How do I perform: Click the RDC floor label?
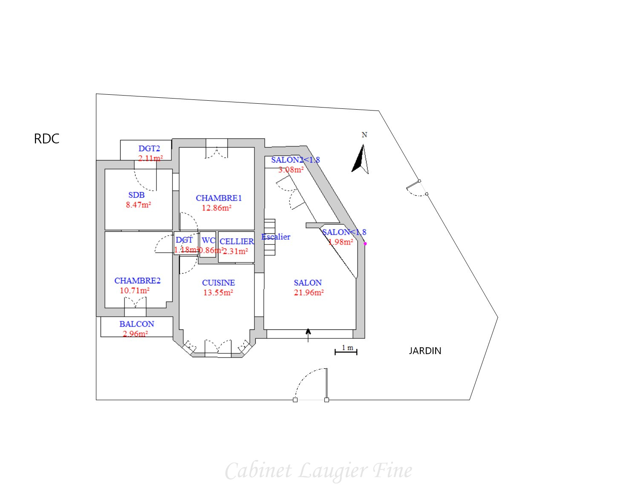click(x=46, y=139)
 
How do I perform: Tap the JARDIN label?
click(x=425, y=351)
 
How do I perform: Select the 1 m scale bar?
click(x=346, y=350)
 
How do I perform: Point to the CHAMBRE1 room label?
click(x=219, y=198)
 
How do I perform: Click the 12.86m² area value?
click(x=217, y=208)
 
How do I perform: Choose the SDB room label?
click(x=136, y=195)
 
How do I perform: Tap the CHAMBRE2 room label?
click(x=137, y=281)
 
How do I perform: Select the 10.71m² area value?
click(x=135, y=291)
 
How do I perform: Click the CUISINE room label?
click(x=218, y=283)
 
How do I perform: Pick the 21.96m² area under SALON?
click(x=309, y=293)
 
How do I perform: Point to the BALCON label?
click(x=137, y=324)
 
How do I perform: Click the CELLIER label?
click(x=237, y=242)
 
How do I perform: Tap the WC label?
click(x=208, y=241)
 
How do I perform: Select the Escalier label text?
click(x=276, y=237)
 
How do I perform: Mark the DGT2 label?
click(x=149, y=148)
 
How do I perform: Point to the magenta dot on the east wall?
click(x=365, y=244)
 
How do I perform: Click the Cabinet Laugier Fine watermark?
click(x=318, y=471)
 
